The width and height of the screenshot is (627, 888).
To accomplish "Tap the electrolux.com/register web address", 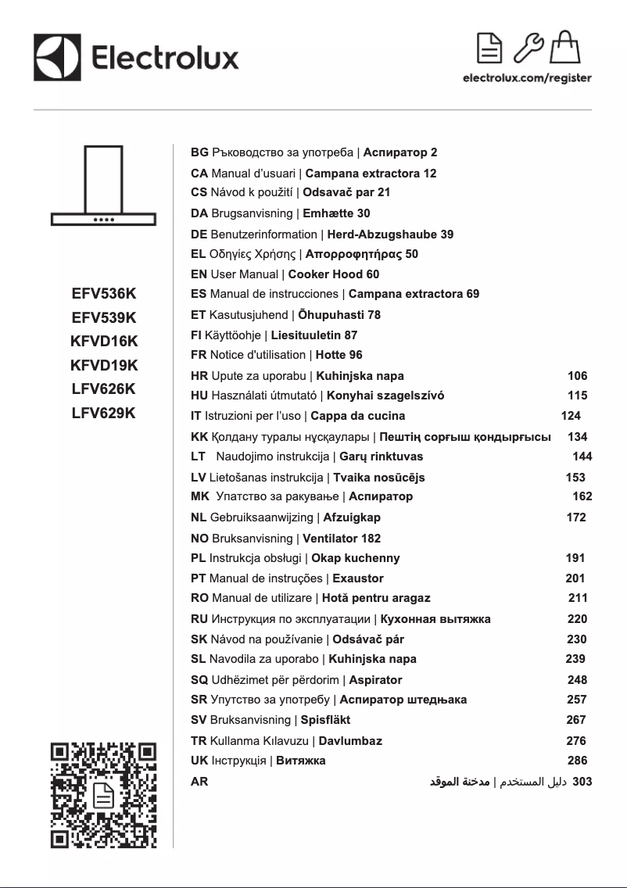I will pyautogui.click(x=527, y=78).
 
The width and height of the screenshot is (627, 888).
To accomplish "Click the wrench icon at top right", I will pyautogui.click(x=529, y=48).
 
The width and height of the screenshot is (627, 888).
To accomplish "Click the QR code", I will pyautogui.click(x=103, y=796).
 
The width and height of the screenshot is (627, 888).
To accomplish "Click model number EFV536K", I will pyautogui.click(x=104, y=294).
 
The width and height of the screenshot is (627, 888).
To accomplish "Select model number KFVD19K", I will pyautogui.click(x=104, y=364).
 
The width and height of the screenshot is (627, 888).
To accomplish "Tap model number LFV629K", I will pyautogui.click(x=104, y=413).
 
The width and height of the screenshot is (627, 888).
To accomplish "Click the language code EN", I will pyautogui.click(x=199, y=274).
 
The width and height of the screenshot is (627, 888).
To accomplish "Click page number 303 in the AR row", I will pyautogui.click(x=582, y=780).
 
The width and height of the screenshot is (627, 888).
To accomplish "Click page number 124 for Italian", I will pyautogui.click(x=571, y=416).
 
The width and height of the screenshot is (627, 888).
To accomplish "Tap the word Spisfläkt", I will pyautogui.click(x=325, y=719).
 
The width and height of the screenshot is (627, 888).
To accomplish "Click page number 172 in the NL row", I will pyautogui.click(x=575, y=517).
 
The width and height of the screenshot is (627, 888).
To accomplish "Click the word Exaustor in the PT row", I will pyautogui.click(x=358, y=578).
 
